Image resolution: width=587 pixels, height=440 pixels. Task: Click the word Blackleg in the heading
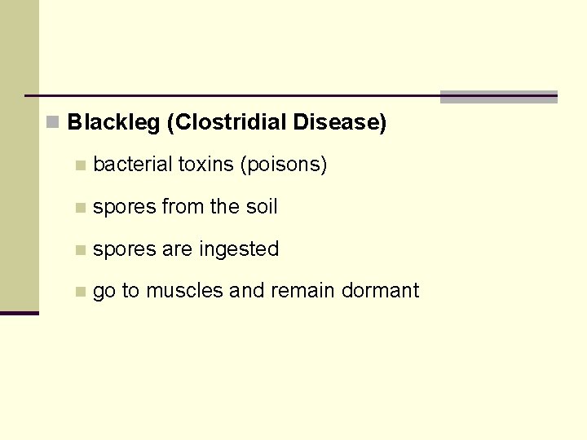(x=113, y=123)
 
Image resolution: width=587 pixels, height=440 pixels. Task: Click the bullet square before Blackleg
(x=53, y=123)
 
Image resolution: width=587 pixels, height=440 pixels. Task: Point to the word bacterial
(x=133, y=165)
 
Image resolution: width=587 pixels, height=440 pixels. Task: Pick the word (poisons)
(x=283, y=165)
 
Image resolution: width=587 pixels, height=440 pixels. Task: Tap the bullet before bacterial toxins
(x=79, y=165)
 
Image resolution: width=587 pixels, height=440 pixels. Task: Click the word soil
(x=262, y=207)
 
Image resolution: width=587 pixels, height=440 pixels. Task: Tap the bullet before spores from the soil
(x=79, y=208)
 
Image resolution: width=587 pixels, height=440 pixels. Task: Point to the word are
(x=177, y=249)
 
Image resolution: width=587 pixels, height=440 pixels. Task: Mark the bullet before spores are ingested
(x=79, y=249)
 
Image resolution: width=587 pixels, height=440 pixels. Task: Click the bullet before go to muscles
(x=79, y=292)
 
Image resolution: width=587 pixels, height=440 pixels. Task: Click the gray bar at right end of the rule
(x=498, y=97)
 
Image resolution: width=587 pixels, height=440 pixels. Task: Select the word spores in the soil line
(x=124, y=208)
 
